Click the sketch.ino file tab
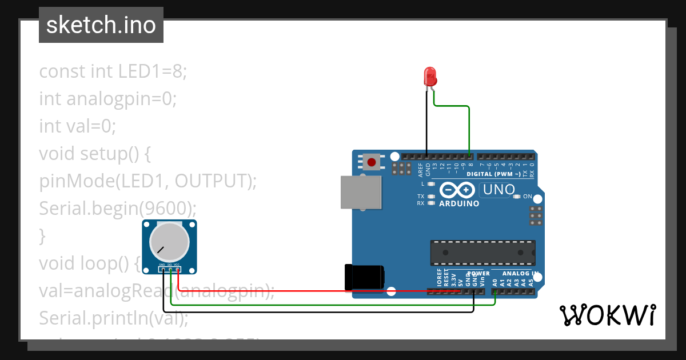pos(101,25)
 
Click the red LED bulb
pos(429,76)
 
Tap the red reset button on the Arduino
pos(372,162)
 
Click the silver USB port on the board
pos(361,191)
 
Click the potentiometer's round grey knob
pos(169,239)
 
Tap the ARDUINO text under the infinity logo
pos(459,203)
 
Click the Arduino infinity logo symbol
pos(457,189)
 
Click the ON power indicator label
pos(527,197)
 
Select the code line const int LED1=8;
pos(113,71)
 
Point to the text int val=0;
pos(78,126)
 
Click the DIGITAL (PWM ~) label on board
pos(493,174)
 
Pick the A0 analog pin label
pos(495,282)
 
